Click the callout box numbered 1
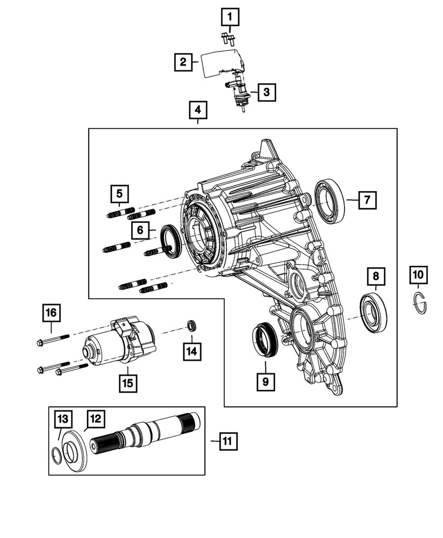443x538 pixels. [x=230, y=19]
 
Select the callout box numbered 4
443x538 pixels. [x=198, y=111]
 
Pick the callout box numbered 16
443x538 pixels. [x=52, y=313]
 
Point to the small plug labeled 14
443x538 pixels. [x=192, y=325]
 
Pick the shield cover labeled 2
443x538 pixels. [x=220, y=61]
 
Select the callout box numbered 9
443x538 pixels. [x=266, y=382]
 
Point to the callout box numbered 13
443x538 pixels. [x=63, y=419]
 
